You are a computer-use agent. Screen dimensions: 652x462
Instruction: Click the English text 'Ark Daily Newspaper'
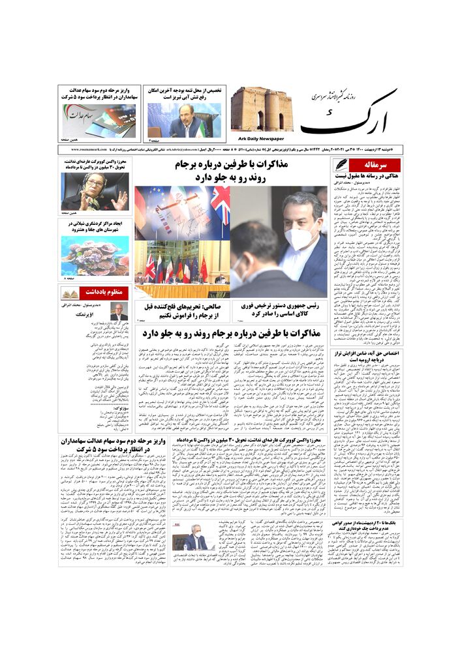[257, 138]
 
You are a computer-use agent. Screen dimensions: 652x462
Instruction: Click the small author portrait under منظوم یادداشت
[119, 312]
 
